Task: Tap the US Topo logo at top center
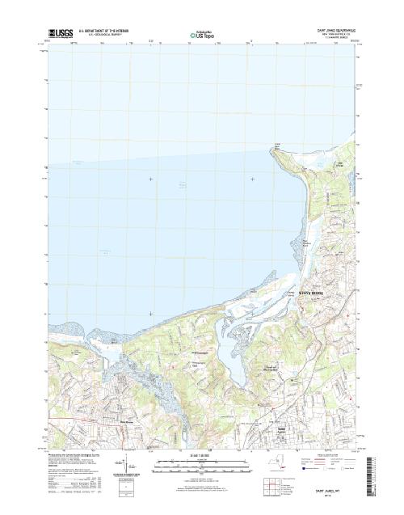201,35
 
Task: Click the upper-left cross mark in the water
150,179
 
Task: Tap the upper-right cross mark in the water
253,179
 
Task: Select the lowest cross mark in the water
150,314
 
